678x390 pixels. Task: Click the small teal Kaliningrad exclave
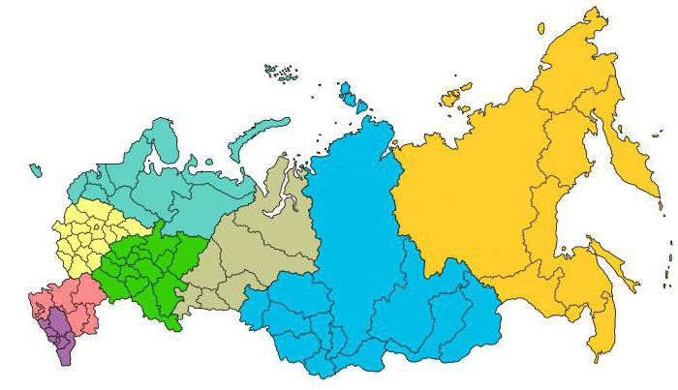[x=36, y=170]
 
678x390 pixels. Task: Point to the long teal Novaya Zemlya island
[x=257, y=135]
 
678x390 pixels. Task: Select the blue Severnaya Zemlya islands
[x=347, y=94]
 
